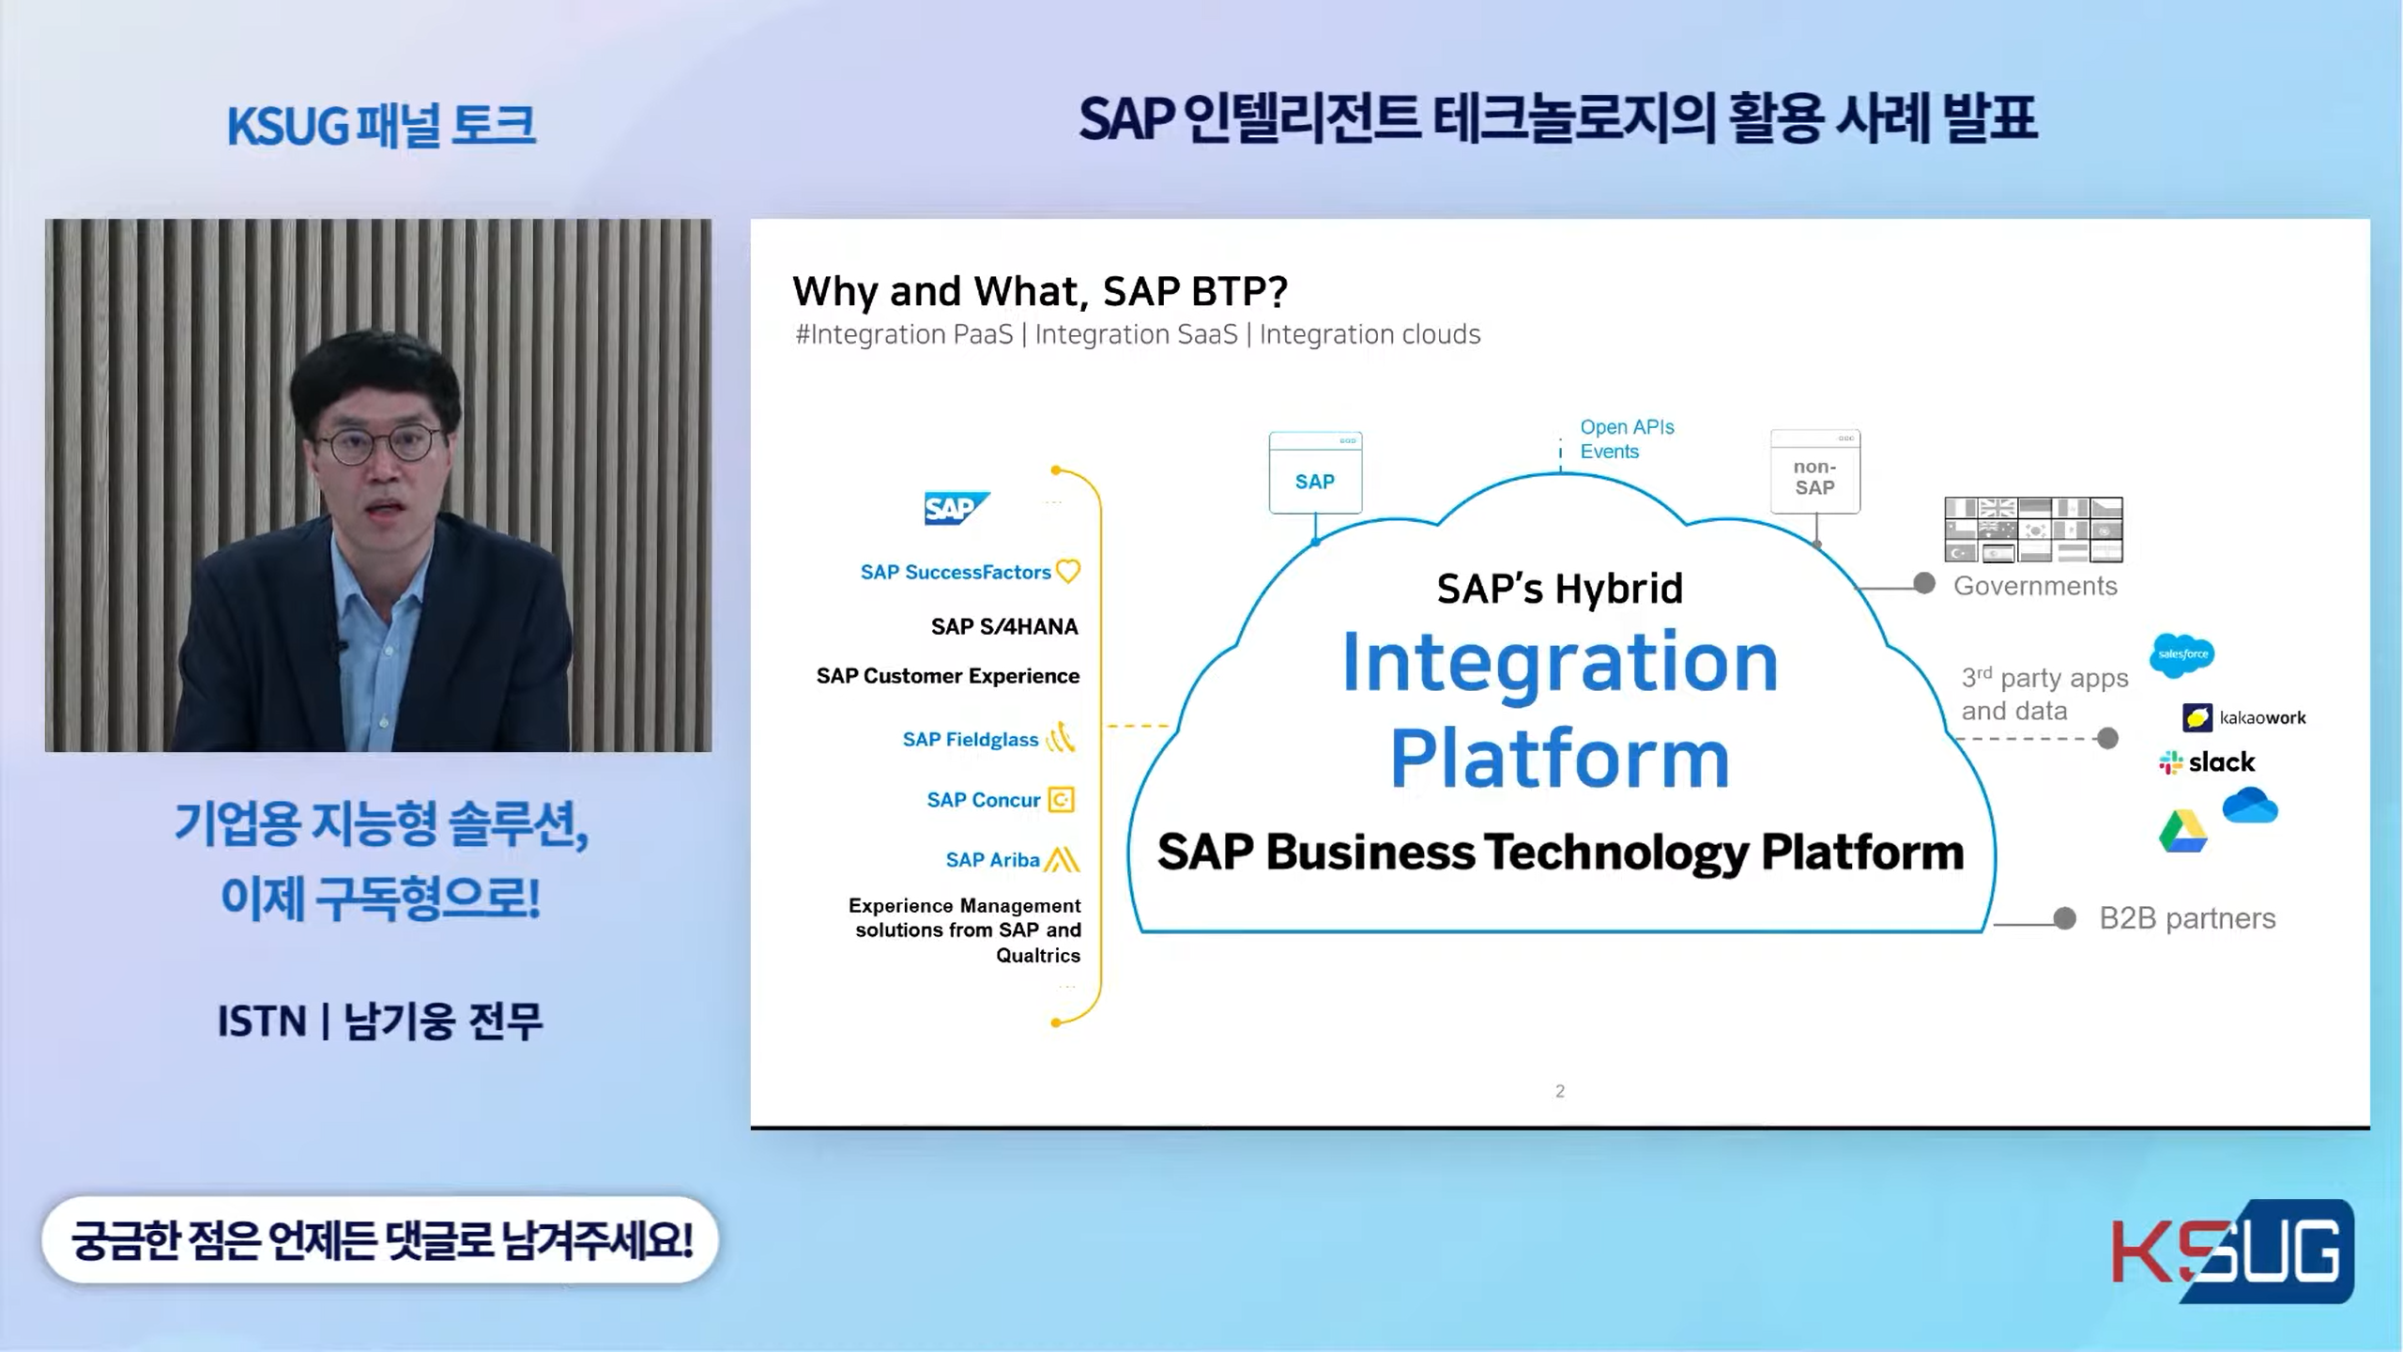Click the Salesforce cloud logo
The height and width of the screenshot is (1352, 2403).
[2182, 654]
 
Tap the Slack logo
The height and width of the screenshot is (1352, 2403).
[2207, 761]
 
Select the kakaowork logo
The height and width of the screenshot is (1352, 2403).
[2243, 718]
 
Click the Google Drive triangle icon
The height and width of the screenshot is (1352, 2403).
[2182, 831]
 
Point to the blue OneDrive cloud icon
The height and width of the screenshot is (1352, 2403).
[2250, 806]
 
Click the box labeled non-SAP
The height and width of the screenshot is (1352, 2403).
[1815, 472]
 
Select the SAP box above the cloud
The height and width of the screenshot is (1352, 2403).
[1315, 473]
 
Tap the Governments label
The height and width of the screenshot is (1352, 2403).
[2035, 586]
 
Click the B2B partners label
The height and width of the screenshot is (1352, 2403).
[2187, 918]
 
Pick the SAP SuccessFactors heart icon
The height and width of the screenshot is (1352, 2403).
[1068, 571]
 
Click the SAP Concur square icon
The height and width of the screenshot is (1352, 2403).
[1061, 800]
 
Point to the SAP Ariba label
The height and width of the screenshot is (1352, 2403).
[992, 860]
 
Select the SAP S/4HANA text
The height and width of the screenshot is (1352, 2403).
[1004, 627]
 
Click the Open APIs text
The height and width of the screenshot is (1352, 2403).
[1627, 427]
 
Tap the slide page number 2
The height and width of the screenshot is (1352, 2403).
[1560, 1091]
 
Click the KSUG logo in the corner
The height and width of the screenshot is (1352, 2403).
[2232, 1251]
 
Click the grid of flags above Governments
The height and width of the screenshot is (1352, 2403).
[2033, 530]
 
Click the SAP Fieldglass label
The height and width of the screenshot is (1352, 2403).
[971, 740]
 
